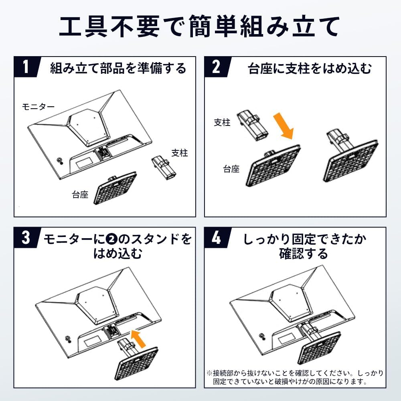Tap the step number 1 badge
26,67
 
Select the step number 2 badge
216,67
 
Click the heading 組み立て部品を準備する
118,68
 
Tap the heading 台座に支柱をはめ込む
310,68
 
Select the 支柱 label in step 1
179,153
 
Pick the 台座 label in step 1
80,195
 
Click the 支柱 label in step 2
222,123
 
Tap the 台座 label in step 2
231,169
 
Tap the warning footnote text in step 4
295,377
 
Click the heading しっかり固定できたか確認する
304,246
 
